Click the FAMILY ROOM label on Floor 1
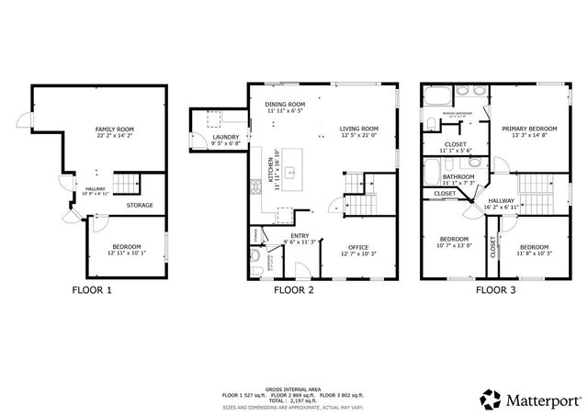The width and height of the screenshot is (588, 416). click(x=114, y=129)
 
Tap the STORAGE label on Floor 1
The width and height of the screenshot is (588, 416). click(x=140, y=205)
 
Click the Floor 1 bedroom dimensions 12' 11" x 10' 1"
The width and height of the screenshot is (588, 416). click(x=126, y=253)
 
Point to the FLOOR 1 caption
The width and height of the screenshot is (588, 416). click(x=92, y=289)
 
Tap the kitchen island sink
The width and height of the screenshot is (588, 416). click(x=288, y=171)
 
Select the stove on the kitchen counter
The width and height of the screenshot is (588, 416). click(x=255, y=187)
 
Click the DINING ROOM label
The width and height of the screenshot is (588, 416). click(x=285, y=105)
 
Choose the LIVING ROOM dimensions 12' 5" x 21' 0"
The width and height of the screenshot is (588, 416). click(x=359, y=136)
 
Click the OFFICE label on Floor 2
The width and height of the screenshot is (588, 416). click(x=358, y=247)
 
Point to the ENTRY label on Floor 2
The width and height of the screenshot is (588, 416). click(x=300, y=236)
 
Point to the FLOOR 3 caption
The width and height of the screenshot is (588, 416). click(x=495, y=289)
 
